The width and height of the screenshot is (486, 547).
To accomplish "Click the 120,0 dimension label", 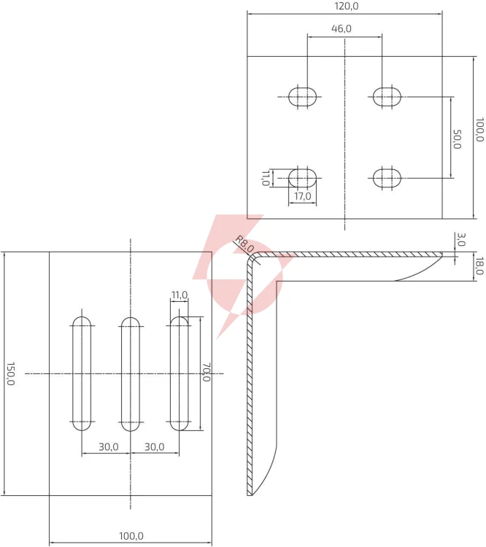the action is [347, 7].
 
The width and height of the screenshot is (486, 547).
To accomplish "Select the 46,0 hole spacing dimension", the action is [342, 28].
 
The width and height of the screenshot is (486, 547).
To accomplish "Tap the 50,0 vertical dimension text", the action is [457, 139].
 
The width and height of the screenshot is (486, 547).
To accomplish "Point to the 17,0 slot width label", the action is [303, 196].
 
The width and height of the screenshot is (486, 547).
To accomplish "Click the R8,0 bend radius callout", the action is [244, 244].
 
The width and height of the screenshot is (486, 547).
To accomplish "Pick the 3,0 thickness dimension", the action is [461, 239].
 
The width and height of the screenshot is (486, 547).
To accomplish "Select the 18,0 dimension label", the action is [479, 265].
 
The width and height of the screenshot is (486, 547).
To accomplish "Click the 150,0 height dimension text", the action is [10, 373].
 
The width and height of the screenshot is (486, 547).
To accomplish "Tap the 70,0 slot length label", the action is [206, 372].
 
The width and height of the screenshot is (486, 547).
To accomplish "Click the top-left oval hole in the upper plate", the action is [303, 96].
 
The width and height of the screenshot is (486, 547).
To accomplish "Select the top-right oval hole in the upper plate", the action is [387, 96].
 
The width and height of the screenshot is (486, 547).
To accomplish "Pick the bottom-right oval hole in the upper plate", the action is [387, 178].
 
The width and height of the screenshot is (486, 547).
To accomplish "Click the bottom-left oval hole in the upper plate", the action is [303, 178].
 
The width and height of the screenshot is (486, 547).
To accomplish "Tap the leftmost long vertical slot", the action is [82, 373].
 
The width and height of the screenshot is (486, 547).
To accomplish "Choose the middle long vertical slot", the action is [131, 373].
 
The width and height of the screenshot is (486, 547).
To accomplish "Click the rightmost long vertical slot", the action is [179, 373].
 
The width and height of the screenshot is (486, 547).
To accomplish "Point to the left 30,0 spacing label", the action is [109, 446].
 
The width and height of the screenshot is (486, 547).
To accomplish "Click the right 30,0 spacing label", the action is [154, 446].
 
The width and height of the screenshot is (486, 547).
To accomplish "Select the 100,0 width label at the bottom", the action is [131, 536].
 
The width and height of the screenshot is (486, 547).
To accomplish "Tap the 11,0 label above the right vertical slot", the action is [180, 295].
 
